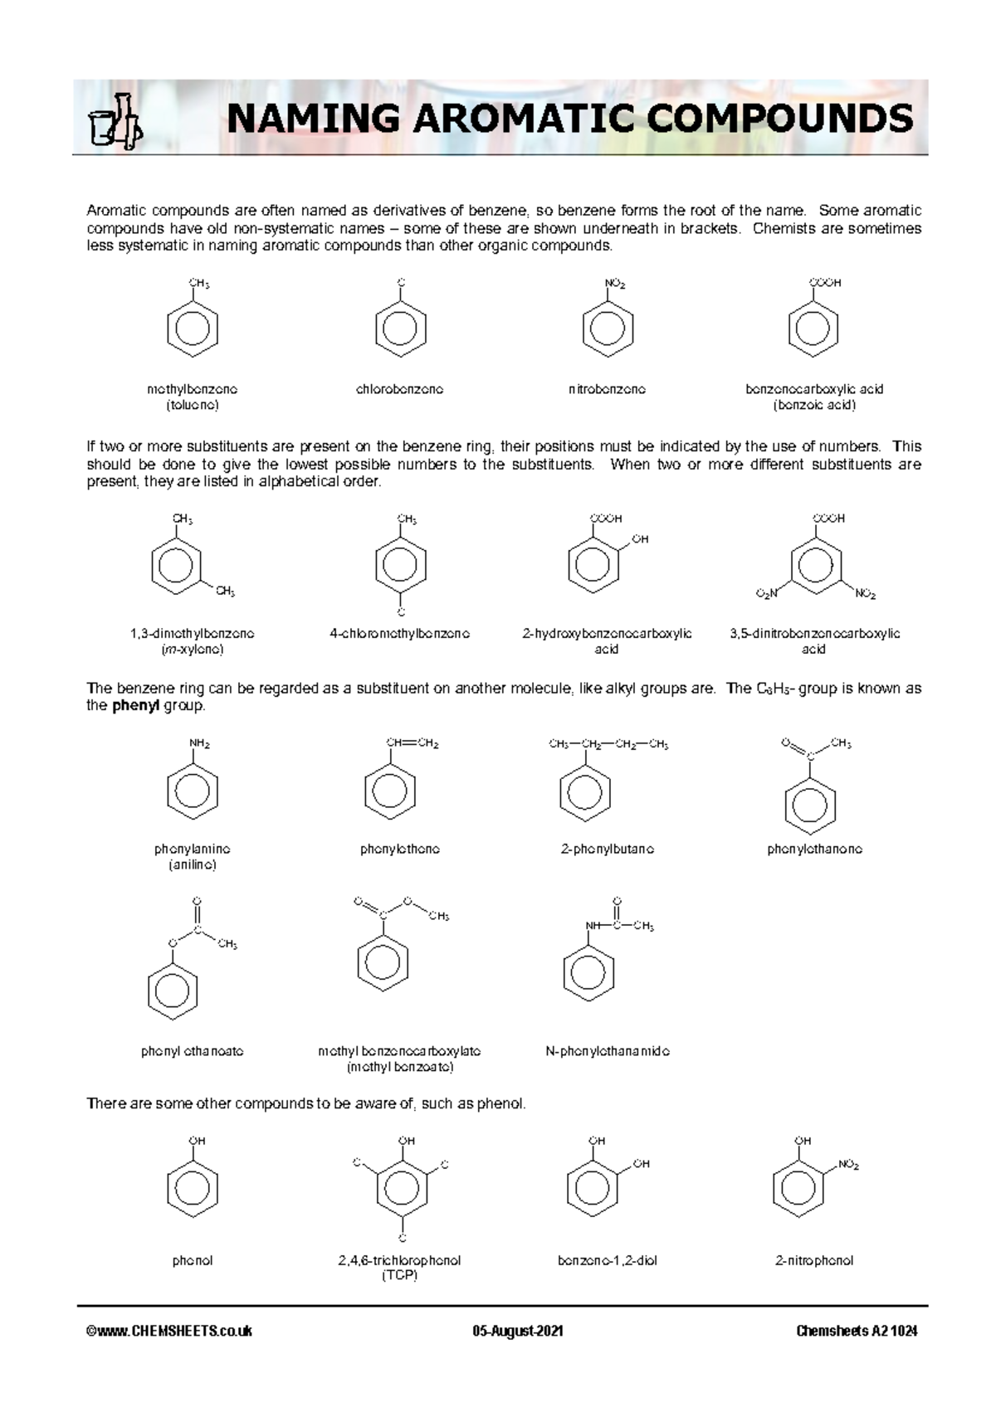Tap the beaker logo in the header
115,123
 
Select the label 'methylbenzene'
193,389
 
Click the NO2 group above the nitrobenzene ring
615,284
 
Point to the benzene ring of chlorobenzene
401,329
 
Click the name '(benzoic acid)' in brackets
814,405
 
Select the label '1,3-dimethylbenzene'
193,634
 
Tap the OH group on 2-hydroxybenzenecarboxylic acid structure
640,539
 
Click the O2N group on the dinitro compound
767,594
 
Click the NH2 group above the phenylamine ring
199,743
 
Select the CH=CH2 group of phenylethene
413,742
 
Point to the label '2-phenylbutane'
608,849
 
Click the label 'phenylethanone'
814,849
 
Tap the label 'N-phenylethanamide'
608,1051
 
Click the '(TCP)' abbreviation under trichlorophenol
399,1275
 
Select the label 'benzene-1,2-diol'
608,1260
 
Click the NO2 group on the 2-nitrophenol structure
848,1165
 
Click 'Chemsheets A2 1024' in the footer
857,1332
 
